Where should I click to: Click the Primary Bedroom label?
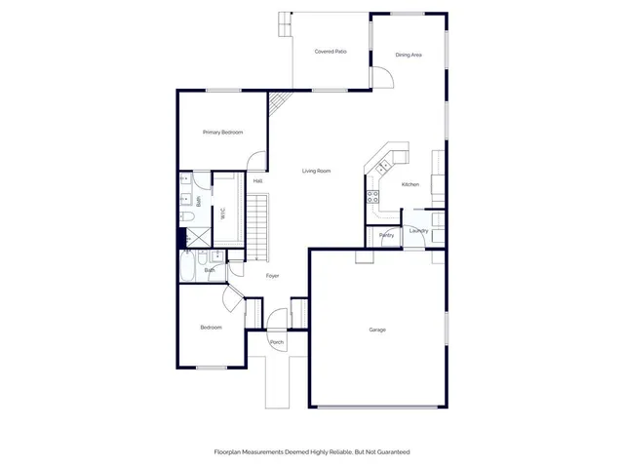point(222,132)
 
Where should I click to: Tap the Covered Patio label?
point(331,51)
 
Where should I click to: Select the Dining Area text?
point(409,55)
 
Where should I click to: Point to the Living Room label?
point(316,171)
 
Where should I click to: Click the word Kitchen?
point(410,184)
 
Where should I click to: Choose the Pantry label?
point(387,235)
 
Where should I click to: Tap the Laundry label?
point(418,231)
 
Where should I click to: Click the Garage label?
point(377,330)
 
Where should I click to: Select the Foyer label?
point(273,276)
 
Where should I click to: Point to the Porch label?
point(277,342)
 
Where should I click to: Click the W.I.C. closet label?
point(223,212)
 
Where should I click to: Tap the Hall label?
point(257,181)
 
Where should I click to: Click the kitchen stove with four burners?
point(372,196)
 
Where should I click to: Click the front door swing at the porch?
point(278,319)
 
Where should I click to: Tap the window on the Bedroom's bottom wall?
point(212,368)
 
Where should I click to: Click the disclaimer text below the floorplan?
point(312,452)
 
